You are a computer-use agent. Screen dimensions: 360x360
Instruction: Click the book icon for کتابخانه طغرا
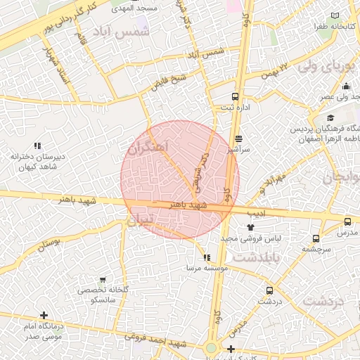pos(335,15)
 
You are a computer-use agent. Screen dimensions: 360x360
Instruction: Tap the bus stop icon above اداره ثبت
pos(235,96)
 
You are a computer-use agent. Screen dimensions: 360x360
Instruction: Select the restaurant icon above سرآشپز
pos(239,139)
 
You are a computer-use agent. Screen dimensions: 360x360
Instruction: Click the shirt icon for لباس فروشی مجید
pos(252,227)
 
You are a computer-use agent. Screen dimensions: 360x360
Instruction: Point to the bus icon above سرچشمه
pos(316,238)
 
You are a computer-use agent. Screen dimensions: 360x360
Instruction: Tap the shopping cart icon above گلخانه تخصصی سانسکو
pos(103,279)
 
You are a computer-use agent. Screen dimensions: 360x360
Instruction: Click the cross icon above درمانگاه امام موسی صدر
pos(44,315)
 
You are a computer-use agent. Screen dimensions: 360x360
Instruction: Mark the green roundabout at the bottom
pos(211,347)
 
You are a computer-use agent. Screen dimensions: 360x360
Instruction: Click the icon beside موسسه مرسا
pos(207,257)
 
